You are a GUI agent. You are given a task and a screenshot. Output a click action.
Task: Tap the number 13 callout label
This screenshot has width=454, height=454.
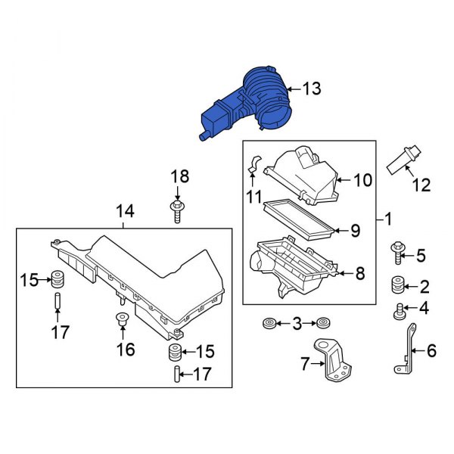coord(311,89)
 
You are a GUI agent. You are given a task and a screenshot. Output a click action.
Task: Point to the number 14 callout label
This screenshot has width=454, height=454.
coord(123,212)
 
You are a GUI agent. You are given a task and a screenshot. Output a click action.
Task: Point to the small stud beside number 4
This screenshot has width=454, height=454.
coord(397,307)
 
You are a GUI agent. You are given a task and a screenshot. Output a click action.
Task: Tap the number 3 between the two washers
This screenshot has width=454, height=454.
coord(296,324)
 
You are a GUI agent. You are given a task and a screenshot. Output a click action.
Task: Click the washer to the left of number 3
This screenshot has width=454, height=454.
coord(269,324)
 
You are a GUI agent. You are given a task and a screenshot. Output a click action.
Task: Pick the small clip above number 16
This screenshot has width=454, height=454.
coord(120,319)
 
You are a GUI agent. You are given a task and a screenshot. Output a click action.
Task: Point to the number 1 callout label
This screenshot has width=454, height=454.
coord(387,220)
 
